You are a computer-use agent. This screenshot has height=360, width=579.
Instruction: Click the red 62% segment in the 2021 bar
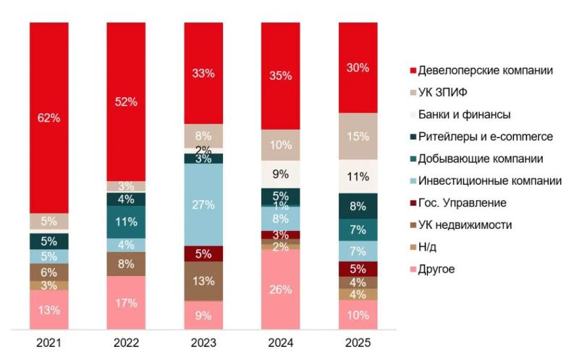(49, 116)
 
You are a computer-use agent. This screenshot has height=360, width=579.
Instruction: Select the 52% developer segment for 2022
(126, 101)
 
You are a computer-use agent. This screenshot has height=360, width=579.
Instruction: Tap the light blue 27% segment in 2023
(203, 205)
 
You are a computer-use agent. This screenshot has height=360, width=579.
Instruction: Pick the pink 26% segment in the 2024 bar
(281, 290)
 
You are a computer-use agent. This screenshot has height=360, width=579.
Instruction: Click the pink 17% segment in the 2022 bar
(126, 303)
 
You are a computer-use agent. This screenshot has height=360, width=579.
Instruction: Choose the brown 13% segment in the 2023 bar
(203, 280)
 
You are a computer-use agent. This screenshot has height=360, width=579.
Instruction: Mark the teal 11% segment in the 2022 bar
(126, 222)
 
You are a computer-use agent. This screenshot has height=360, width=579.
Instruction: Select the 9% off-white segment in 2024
(281, 174)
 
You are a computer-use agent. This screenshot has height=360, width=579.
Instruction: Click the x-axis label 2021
(49, 342)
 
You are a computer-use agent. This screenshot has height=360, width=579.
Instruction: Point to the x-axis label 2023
(203, 342)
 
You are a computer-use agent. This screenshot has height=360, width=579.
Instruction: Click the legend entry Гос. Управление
(462, 203)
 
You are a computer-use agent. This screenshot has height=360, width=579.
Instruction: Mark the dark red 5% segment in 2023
(203, 254)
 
